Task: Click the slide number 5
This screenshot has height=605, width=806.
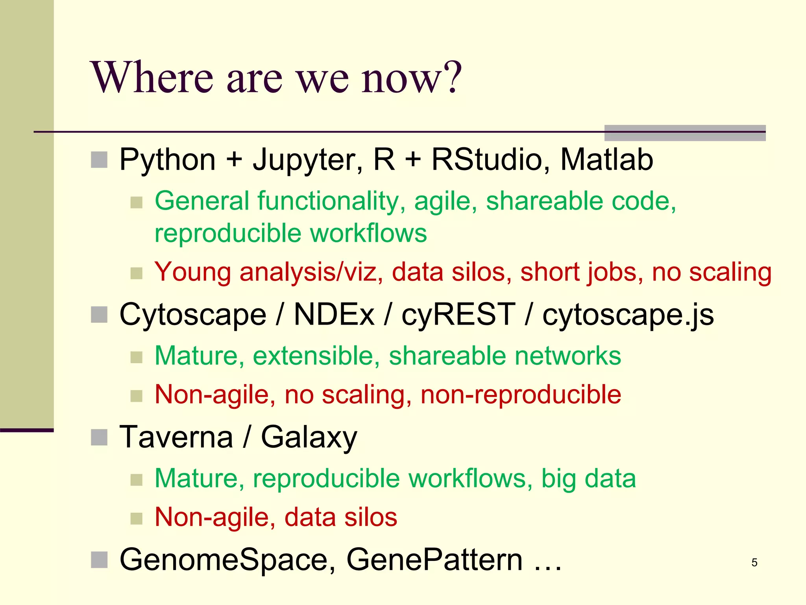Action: point(754,562)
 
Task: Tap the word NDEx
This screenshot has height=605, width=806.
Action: point(334,314)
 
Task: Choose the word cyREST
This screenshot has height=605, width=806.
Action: point(458,314)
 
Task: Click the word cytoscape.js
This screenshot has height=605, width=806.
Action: point(628,315)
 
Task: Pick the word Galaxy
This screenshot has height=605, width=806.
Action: point(309,438)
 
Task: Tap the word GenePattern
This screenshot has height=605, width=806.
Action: point(434,560)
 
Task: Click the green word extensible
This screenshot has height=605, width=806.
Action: point(316,356)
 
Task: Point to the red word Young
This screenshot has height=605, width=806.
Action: point(192,273)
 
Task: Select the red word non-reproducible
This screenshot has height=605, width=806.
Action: point(521,394)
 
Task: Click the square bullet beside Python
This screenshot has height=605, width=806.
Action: point(99,160)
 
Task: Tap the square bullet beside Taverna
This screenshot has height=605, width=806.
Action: point(99,437)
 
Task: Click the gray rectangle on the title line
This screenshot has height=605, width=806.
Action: point(685,133)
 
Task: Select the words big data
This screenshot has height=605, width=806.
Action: point(588,479)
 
